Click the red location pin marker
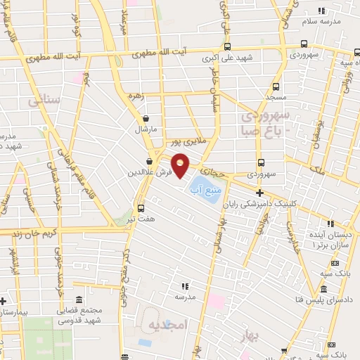coord(181,166)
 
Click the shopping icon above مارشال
coord(146,119)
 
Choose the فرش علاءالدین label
coord(146,172)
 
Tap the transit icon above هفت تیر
coord(141,208)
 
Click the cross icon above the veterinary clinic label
coord(259,193)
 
